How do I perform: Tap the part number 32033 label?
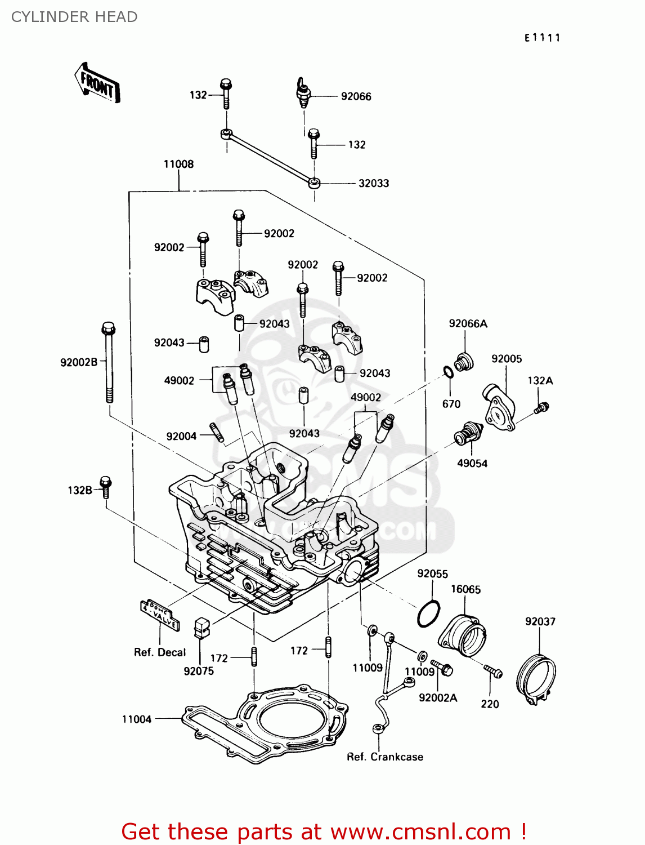[x=374, y=183]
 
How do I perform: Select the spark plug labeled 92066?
[x=304, y=94]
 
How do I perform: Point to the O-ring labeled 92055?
[x=428, y=613]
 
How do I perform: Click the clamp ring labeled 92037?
[x=536, y=677]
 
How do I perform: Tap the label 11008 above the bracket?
[x=178, y=164]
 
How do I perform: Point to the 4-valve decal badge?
[x=160, y=615]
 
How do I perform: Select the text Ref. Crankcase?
[x=385, y=757]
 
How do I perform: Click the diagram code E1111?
[x=543, y=38]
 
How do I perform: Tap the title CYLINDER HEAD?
[x=74, y=17]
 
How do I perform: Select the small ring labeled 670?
[x=448, y=372]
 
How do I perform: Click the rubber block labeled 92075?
[x=201, y=628]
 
